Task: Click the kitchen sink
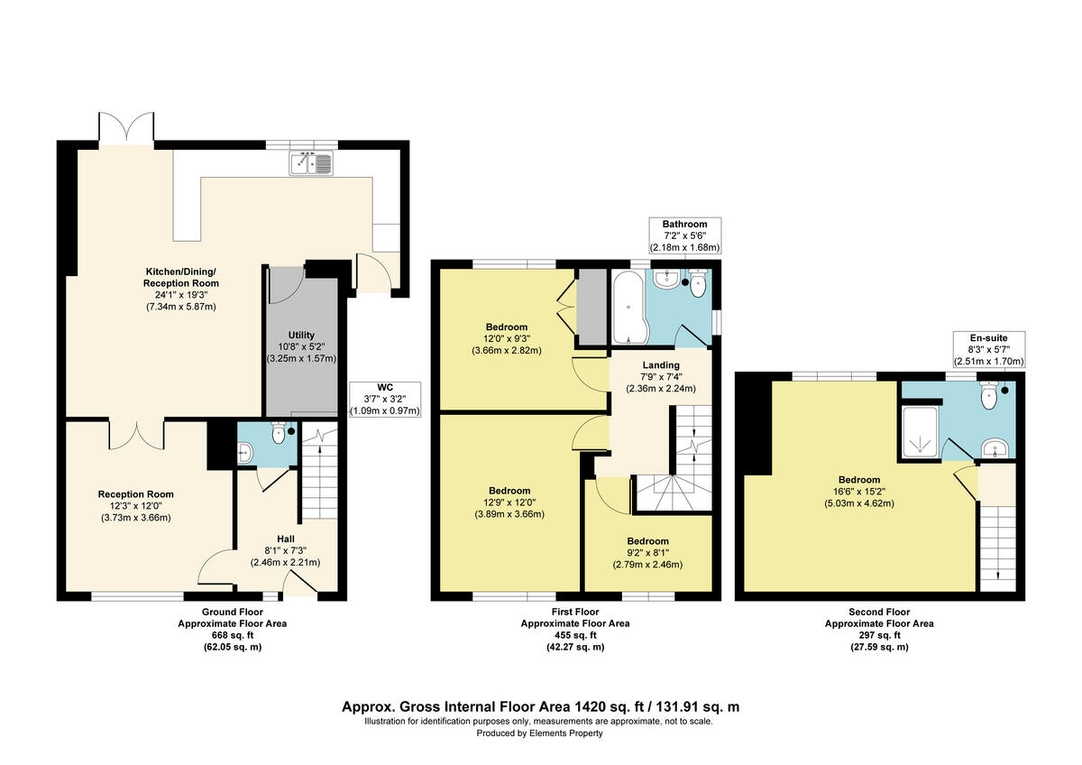coord(311,163)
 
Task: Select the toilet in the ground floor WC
coord(279,432)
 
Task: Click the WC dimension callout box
coord(385,399)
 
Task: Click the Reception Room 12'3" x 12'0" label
coord(136,506)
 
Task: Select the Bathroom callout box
coord(684,235)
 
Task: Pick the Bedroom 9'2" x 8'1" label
coord(647,553)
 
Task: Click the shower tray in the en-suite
coord(921,431)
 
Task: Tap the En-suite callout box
coord(989,349)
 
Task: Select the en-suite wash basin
coord(995,448)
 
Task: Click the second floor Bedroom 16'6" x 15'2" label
coord(858,492)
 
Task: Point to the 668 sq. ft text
coord(233,635)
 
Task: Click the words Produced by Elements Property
coord(539,733)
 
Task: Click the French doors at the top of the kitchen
coord(126,127)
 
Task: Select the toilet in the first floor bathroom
coord(698,283)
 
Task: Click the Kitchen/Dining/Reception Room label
coord(180,289)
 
